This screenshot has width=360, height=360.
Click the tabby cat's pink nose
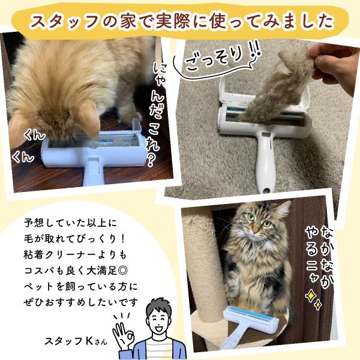click(x=256, y=230)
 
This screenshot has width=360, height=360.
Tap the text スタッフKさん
click(x=76, y=341)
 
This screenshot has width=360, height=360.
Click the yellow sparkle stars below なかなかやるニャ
click(x=313, y=299)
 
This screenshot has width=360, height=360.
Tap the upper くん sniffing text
click(x=34, y=136)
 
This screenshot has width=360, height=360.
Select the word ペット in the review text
click(x=38, y=287)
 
